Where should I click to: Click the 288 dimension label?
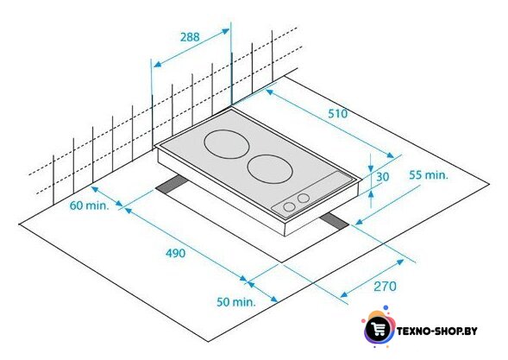(190, 37)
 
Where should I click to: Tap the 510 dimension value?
(337, 113)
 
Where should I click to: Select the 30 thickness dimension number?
(383, 177)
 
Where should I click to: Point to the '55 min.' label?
(429, 175)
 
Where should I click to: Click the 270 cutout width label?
(385, 287)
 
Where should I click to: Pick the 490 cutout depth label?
(176, 253)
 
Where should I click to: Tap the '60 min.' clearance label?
(89, 205)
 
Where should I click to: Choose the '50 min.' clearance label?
(236, 302)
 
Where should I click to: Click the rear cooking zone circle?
(227, 144)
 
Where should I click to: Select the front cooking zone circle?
(270, 169)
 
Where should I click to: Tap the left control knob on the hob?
(289, 207)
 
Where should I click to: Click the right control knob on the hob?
(304, 198)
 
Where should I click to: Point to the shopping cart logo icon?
(378, 329)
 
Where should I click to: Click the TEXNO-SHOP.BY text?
(437, 332)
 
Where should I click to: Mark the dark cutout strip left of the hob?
(171, 185)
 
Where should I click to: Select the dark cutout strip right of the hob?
(335, 222)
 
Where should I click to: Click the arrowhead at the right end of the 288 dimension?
(225, 31)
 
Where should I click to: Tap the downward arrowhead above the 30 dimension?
(371, 168)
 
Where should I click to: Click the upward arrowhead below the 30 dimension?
(371, 193)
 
